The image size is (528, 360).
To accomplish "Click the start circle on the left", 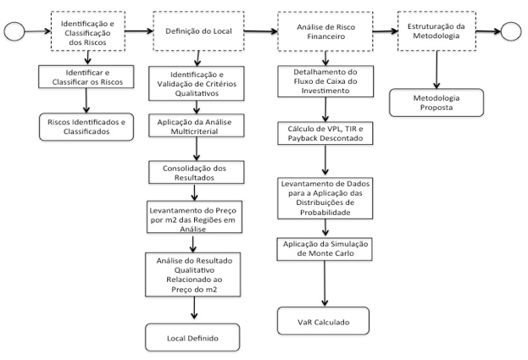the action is (x=14, y=31).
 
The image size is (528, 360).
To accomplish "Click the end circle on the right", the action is (x=511, y=31).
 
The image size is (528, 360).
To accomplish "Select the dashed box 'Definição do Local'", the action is (x=198, y=31).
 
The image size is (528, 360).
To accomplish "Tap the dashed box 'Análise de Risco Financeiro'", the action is (x=325, y=31).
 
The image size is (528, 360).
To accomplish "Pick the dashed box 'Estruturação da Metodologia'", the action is (x=436, y=31).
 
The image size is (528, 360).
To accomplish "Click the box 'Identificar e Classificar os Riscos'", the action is (x=86, y=77).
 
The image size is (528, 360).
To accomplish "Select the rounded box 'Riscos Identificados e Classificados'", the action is (x=86, y=127).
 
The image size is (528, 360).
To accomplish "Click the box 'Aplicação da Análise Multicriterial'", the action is (x=197, y=126).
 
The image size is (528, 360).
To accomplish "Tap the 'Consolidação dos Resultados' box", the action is (x=197, y=172).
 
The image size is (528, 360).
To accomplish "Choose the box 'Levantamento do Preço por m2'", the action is (x=194, y=217).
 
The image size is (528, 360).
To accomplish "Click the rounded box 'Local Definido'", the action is (x=192, y=338).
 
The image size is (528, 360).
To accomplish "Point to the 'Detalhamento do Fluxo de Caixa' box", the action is (x=325, y=81).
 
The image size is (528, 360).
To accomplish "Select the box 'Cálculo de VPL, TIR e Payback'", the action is (x=325, y=134).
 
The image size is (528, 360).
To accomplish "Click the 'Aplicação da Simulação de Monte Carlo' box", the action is (x=325, y=249).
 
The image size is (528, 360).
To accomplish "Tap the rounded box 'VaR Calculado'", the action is (x=323, y=321).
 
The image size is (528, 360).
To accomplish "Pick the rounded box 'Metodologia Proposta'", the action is (x=436, y=103).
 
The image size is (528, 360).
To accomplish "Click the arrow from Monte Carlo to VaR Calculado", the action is (x=325, y=283).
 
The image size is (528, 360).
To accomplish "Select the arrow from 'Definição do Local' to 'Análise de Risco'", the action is (x=261, y=31).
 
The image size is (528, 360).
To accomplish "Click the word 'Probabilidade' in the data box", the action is (x=325, y=213).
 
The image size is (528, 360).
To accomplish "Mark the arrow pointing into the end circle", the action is (x=489, y=31).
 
